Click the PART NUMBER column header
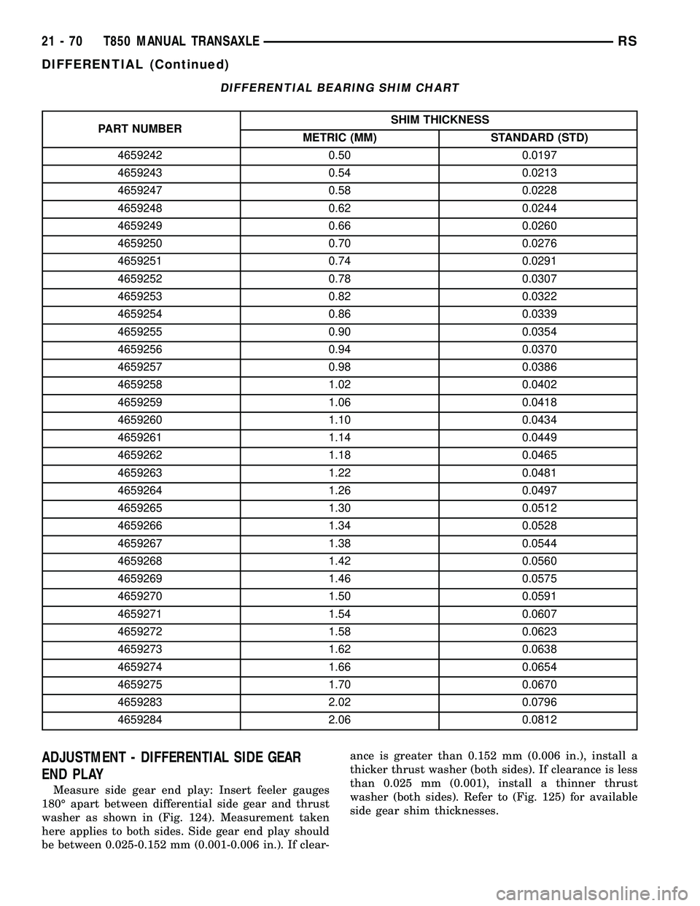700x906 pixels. (x=141, y=128)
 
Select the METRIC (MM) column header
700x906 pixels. (x=339, y=138)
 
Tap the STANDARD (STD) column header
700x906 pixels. (x=539, y=138)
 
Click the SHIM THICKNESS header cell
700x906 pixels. (x=439, y=120)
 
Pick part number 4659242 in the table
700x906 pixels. (x=141, y=155)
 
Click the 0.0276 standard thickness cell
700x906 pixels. (x=539, y=244)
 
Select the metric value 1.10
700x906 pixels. (x=339, y=420)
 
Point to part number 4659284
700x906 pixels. (x=141, y=720)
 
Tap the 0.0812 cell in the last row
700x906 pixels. (x=539, y=720)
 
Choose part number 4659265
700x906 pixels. (x=141, y=508)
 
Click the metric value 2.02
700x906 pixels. (x=339, y=702)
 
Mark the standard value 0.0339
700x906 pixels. (x=539, y=314)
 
